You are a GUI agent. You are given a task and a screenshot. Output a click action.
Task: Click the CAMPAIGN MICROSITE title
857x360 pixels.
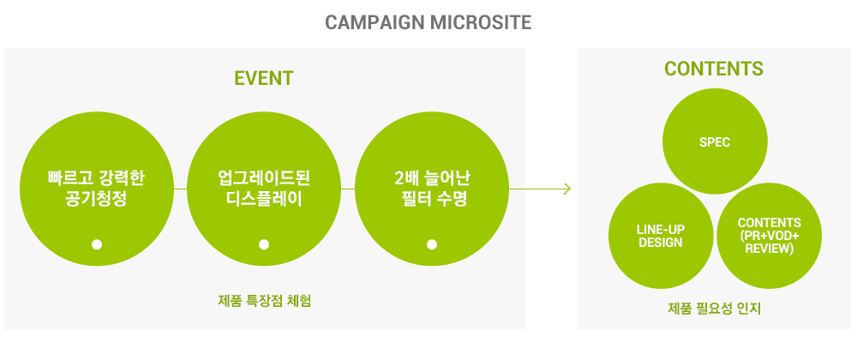(428, 22)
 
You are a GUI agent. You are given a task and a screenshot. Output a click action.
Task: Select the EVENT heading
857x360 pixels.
(264, 78)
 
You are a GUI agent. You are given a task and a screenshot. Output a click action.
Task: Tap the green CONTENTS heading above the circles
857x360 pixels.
(714, 69)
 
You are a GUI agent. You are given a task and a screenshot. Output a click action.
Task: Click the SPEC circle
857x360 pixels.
(715, 141)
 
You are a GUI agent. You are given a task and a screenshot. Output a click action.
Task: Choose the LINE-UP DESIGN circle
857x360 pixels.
(661, 236)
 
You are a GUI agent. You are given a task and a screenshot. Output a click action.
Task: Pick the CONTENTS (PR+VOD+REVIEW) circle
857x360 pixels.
(769, 236)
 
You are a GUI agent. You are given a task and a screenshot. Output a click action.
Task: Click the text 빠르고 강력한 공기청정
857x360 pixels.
(96, 189)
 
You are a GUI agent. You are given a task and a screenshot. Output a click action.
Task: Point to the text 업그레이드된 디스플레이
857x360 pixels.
(264, 189)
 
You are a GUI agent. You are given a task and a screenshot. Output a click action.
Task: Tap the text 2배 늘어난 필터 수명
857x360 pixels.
(432, 189)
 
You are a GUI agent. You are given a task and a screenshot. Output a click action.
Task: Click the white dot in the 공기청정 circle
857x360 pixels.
(97, 245)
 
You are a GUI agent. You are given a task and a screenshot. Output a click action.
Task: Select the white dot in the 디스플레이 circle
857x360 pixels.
(264, 245)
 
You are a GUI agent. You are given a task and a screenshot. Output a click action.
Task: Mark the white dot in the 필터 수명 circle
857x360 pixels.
(432, 245)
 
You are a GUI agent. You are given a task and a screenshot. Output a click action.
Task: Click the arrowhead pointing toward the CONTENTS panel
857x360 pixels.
(567, 189)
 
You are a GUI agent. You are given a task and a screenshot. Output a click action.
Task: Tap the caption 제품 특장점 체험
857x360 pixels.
(265, 301)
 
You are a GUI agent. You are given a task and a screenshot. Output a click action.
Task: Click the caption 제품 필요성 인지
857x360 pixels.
(715, 309)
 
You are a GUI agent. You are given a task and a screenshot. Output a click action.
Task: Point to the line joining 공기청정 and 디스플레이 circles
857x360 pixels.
(180, 189)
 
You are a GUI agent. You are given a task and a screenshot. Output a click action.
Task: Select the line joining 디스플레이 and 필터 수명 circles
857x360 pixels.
(348, 189)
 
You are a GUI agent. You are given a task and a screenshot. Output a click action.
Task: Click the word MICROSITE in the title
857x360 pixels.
(481, 22)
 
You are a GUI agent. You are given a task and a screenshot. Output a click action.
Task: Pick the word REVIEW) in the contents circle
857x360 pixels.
(769, 249)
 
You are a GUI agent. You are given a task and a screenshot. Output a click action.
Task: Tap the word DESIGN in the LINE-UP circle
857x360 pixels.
(660, 243)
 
